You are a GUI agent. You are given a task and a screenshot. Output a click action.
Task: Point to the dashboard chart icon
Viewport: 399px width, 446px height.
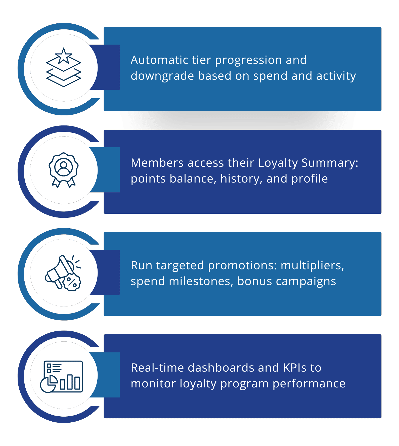coord(62,376)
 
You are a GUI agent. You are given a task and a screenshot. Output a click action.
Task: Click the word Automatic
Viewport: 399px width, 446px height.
coord(159,60)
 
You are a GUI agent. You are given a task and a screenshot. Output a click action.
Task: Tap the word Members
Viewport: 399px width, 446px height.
coord(157,163)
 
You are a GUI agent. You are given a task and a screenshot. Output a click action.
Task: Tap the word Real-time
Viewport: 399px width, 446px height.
coord(157,368)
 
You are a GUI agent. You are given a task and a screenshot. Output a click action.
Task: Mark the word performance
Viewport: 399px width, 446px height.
coord(309,384)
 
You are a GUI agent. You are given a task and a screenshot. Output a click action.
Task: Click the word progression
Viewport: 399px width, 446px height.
coord(248,60)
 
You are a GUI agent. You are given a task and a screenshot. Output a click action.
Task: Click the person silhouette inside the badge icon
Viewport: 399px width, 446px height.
coord(64,167)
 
